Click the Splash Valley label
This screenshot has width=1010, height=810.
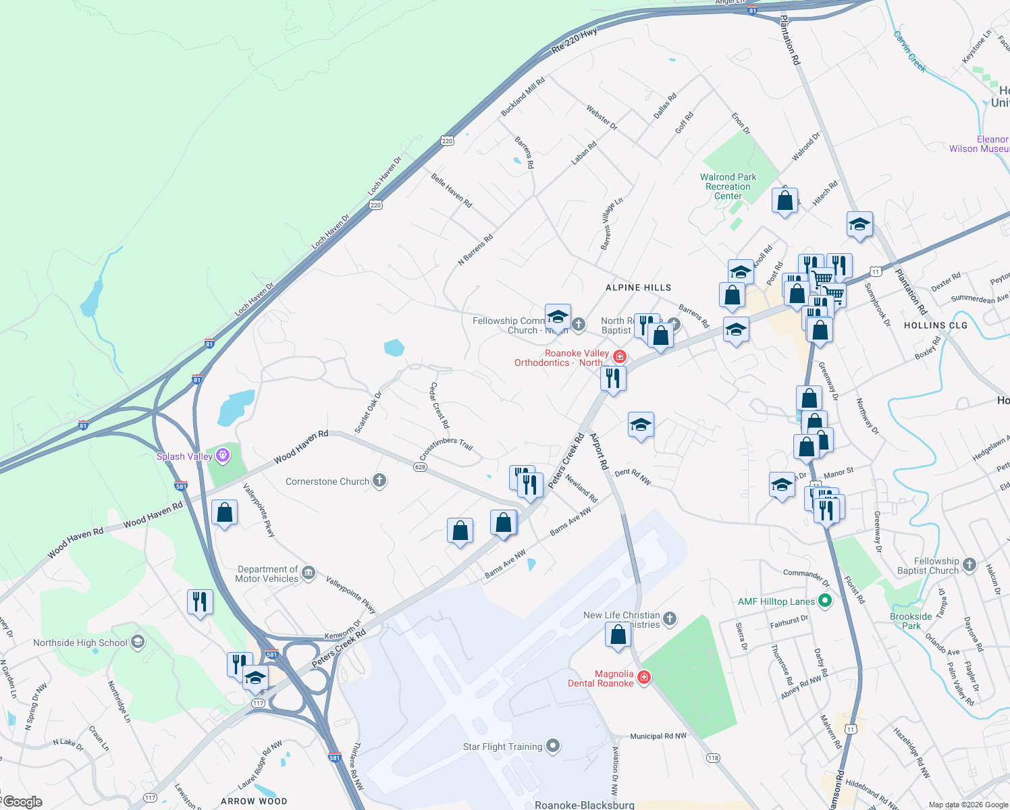point(184,456)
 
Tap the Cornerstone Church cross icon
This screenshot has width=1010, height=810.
point(379,481)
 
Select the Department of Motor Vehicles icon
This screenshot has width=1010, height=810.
point(309,573)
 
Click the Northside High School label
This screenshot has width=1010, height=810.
point(80,643)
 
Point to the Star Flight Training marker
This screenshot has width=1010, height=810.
point(553,746)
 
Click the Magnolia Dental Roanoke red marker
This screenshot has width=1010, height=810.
point(644,677)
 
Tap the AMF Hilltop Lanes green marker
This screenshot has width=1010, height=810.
point(824,600)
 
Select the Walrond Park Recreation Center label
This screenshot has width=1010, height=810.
point(728,186)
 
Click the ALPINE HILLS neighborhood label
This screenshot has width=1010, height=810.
point(638,288)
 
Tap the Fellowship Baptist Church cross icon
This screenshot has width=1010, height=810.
point(969,565)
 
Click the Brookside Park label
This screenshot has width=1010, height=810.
point(911,621)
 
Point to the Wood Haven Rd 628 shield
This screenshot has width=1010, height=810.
point(420,467)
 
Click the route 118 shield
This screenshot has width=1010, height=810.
point(713,758)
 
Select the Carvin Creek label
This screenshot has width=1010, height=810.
point(909,51)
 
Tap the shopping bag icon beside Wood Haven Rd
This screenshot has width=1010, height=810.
point(224,513)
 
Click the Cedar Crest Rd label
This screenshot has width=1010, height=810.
point(440,405)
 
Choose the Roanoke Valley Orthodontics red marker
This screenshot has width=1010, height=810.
point(619,356)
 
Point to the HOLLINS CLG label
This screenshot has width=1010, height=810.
point(935,325)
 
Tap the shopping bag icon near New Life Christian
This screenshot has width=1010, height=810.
point(618,635)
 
